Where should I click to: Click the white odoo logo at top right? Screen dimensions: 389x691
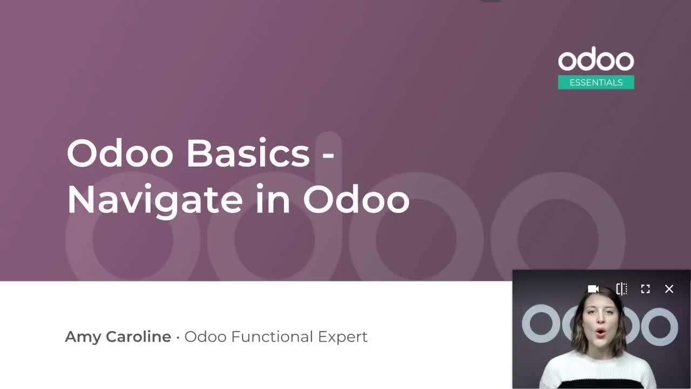point(596,61)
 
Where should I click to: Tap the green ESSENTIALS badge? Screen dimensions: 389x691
point(596,83)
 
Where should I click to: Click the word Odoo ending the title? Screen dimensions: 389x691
point(356,199)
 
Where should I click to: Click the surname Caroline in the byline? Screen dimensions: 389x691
point(138,337)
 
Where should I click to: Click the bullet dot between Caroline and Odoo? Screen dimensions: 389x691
point(178,338)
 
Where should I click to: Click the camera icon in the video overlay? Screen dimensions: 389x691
point(593,289)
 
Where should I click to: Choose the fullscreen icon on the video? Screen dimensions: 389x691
point(645,289)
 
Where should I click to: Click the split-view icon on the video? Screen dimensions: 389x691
point(621,289)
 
